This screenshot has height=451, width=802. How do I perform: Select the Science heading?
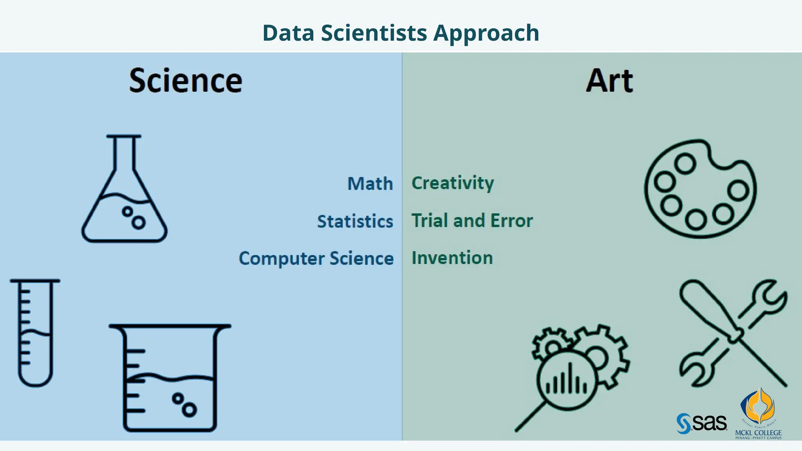tap(186, 81)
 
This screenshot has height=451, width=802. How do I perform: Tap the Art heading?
tap(609, 81)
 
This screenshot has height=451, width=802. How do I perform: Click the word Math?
tap(370, 184)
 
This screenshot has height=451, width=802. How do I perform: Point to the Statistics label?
tap(355, 222)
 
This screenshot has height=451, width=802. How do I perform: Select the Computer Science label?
tap(316, 259)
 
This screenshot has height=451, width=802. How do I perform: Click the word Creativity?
tap(453, 183)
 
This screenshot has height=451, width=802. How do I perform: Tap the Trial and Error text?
tap(472, 221)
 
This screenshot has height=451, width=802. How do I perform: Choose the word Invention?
tap(452, 258)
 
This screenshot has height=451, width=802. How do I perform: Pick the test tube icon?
tap(35, 333)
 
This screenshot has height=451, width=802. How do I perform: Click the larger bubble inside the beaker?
tap(189, 410)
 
